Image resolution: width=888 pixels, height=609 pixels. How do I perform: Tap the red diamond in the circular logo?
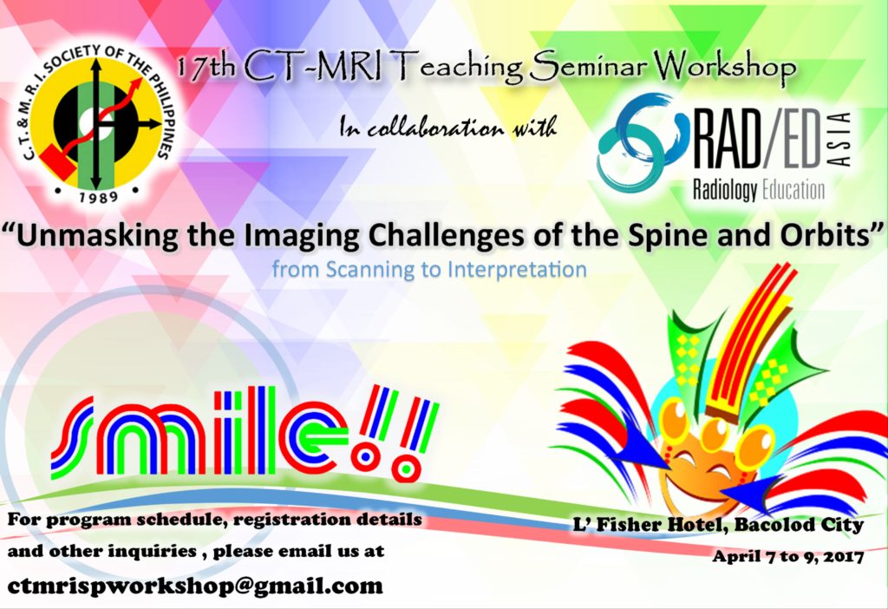[x=58, y=161]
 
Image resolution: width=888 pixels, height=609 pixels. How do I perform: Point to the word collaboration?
[x=435, y=128]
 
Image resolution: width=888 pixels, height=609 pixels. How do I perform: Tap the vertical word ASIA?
[x=841, y=140]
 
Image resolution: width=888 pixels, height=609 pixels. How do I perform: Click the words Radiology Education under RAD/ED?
[x=759, y=190]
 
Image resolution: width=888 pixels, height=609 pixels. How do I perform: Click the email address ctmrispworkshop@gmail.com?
[x=195, y=586]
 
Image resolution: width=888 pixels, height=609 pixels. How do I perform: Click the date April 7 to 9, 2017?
[x=787, y=556]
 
